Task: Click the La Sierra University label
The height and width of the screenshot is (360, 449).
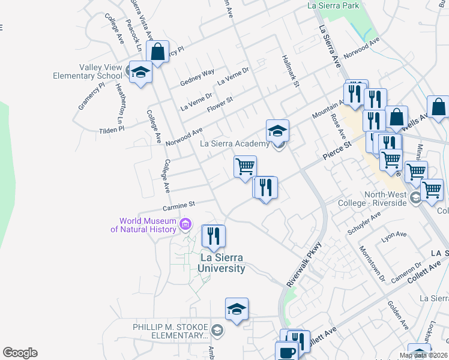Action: [222, 263]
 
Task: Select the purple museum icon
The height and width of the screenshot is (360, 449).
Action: [185, 225]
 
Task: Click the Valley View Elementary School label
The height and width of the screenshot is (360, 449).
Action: [88, 72]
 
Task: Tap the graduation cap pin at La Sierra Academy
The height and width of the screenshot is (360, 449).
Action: [277, 131]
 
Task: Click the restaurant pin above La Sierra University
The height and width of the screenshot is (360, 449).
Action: [213, 236]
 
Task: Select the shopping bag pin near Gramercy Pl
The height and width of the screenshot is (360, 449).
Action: [158, 52]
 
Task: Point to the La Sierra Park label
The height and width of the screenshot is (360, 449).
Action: [333, 5]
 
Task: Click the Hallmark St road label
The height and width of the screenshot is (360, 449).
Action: [291, 71]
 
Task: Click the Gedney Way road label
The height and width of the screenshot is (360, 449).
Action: [197, 77]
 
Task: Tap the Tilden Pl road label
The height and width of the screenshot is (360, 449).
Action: [112, 129]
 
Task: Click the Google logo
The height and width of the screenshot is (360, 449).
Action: [20, 353]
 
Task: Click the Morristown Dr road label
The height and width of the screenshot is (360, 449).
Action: [371, 263]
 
